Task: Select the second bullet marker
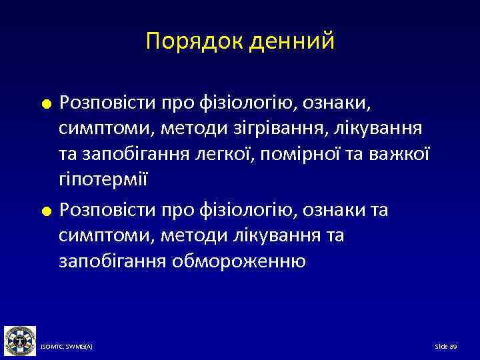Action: coord(46,212)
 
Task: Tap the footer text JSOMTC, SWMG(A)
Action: coord(67,347)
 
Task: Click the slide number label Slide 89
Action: coord(445,347)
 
